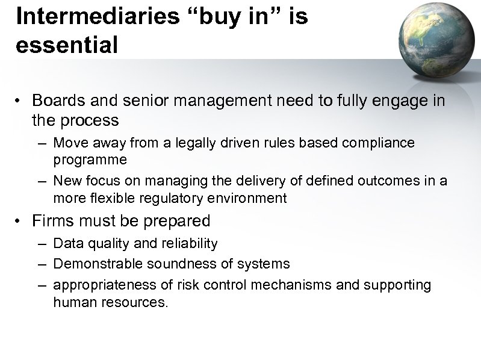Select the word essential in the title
tap(67, 45)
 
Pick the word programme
tap(90, 160)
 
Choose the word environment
tap(247, 197)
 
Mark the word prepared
tap(178, 221)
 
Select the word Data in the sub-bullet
tap(66, 243)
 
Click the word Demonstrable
tap(93, 264)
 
